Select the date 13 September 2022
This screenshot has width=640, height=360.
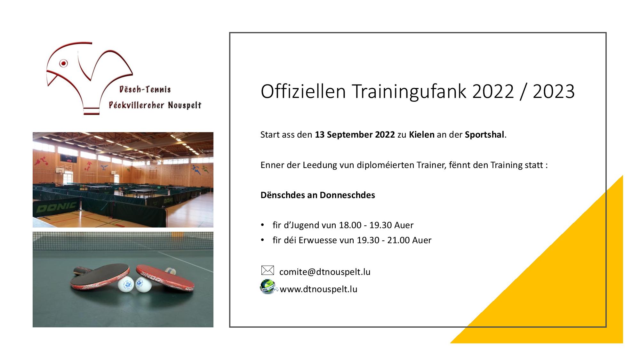click(x=355, y=135)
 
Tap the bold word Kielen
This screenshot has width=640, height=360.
click(x=422, y=135)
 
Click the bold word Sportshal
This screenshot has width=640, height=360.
click(x=484, y=135)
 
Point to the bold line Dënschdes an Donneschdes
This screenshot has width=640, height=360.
click(x=318, y=195)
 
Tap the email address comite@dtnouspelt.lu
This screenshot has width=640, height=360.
click(x=325, y=272)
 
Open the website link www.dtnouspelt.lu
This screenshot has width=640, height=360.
click(x=318, y=289)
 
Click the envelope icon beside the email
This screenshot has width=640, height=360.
click(x=268, y=270)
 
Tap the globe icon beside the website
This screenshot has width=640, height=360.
click(x=268, y=287)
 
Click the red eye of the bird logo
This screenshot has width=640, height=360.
click(x=64, y=63)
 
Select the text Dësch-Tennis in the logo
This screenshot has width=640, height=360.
click(x=145, y=90)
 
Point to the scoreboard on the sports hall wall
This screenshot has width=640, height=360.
click(x=68, y=158)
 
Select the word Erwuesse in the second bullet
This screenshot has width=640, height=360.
click(x=317, y=240)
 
